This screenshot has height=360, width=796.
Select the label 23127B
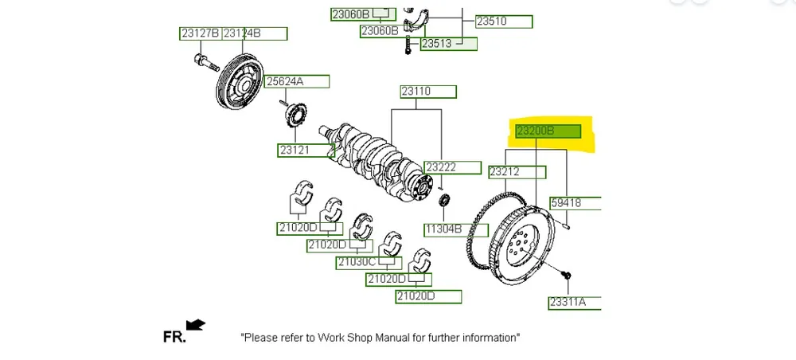tap(199, 33)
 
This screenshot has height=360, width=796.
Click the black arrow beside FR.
tap(195, 324)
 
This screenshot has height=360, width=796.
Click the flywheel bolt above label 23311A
tap(566, 276)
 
